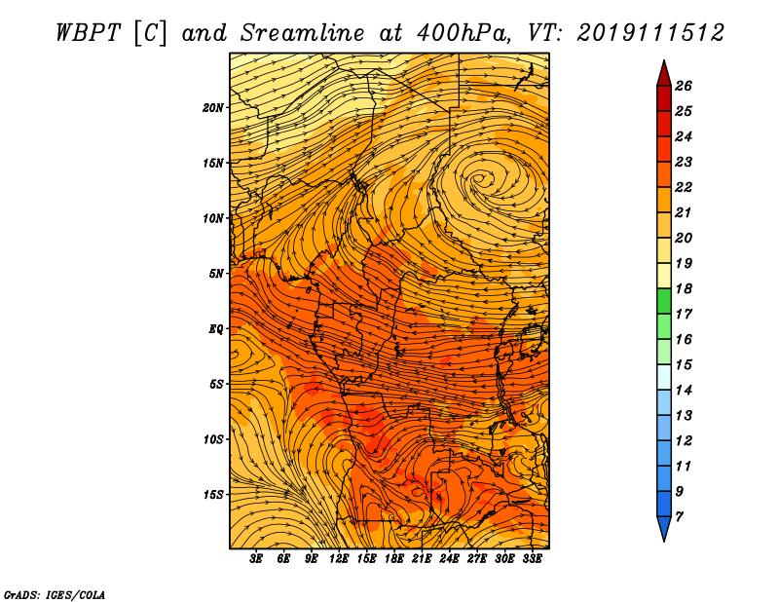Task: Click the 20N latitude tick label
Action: coord(213,108)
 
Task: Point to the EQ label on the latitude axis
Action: coord(216,329)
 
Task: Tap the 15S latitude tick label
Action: coord(213,495)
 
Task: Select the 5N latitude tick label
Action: coord(216,274)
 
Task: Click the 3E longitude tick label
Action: coord(256,559)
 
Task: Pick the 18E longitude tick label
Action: coord(394,559)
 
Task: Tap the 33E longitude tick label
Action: coord(532,559)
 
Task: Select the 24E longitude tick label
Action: coord(449,559)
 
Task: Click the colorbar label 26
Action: coord(684,86)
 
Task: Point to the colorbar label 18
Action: coord(684,288)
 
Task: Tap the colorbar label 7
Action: coord(679,517)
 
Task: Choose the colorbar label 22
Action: coord(684,187)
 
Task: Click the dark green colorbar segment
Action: coord(664,301)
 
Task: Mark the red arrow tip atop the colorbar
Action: coord(664,60)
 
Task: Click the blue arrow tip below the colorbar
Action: coord(664,541)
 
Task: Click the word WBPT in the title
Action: coord(88,33)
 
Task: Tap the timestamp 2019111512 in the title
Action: coord(650,33)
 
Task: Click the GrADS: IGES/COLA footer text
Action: coord(55,594)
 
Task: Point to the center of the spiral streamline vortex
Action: coord(479,177)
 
